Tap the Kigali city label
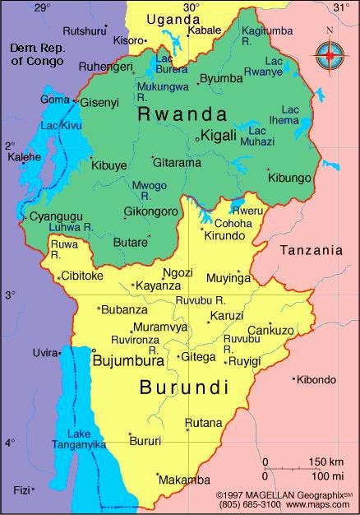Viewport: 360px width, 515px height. tap(219, 134)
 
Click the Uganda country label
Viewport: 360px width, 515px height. tap(173, 18)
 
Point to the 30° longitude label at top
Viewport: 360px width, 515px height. tap(191, 7)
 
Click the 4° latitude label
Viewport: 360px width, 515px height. tap(10, 443)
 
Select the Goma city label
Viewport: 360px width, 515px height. tap(55, 100)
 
